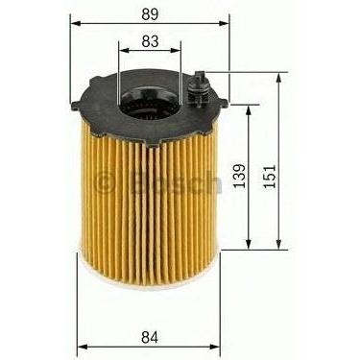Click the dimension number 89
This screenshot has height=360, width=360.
point(150,14)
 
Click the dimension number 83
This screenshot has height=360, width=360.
point(150,41)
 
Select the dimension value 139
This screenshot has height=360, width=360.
point(240,177)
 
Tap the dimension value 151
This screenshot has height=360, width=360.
point(270,177)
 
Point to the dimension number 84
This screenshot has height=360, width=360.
point(150,337)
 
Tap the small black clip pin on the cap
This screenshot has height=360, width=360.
point(198,88)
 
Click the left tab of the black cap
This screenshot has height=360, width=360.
point(76,106)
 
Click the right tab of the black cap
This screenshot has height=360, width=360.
point(224,103)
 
